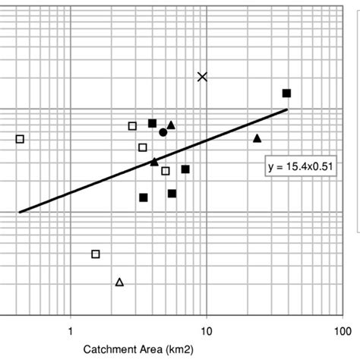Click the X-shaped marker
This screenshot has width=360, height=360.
tap(202, 76)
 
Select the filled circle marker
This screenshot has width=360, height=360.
tap(163, 132)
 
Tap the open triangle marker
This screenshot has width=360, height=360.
tap(119, 282)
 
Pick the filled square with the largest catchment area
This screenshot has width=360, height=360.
tap(286, 93)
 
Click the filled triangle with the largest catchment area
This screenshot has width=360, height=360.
tap(257, 138)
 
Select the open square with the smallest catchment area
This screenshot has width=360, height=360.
tap(20, 138)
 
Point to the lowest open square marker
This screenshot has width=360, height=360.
tap(96, 254)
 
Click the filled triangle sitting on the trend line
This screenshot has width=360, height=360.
tap(154, 161)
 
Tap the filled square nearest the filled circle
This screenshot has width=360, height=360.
tap(152, 123)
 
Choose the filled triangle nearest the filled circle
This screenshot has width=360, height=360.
tap(171, 125)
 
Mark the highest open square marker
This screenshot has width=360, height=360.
tap(132, 126)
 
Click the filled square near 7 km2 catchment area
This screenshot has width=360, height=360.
tap(185, 169)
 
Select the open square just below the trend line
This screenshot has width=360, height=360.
tap(166, 171)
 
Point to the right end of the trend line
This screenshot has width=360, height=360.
tap(287, 110)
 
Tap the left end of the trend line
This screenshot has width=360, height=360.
tap(20, 212)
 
